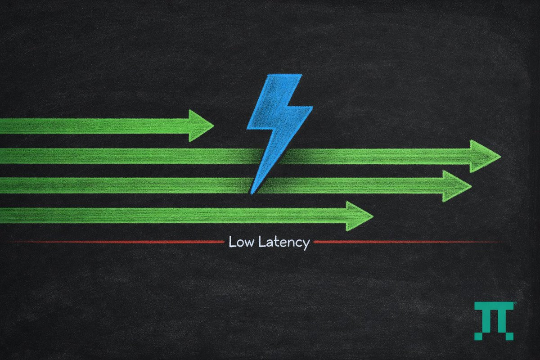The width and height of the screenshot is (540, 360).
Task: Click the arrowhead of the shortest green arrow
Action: [x=200, y=126]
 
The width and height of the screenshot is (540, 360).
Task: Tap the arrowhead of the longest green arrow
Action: [x=484, y=156]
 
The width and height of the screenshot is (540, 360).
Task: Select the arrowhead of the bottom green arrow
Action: [x=358, y=216]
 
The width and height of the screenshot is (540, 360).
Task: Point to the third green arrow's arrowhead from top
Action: [x=455, y=186]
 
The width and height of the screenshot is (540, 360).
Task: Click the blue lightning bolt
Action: [x=276, y=121]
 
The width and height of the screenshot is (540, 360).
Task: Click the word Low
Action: [x=242, y=242]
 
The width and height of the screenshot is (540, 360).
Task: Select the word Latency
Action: [x=283, y=243]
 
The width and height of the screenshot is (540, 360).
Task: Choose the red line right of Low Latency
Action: [x=405, y=242]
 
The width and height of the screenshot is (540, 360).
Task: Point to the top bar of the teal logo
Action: [x=494, y=306]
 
